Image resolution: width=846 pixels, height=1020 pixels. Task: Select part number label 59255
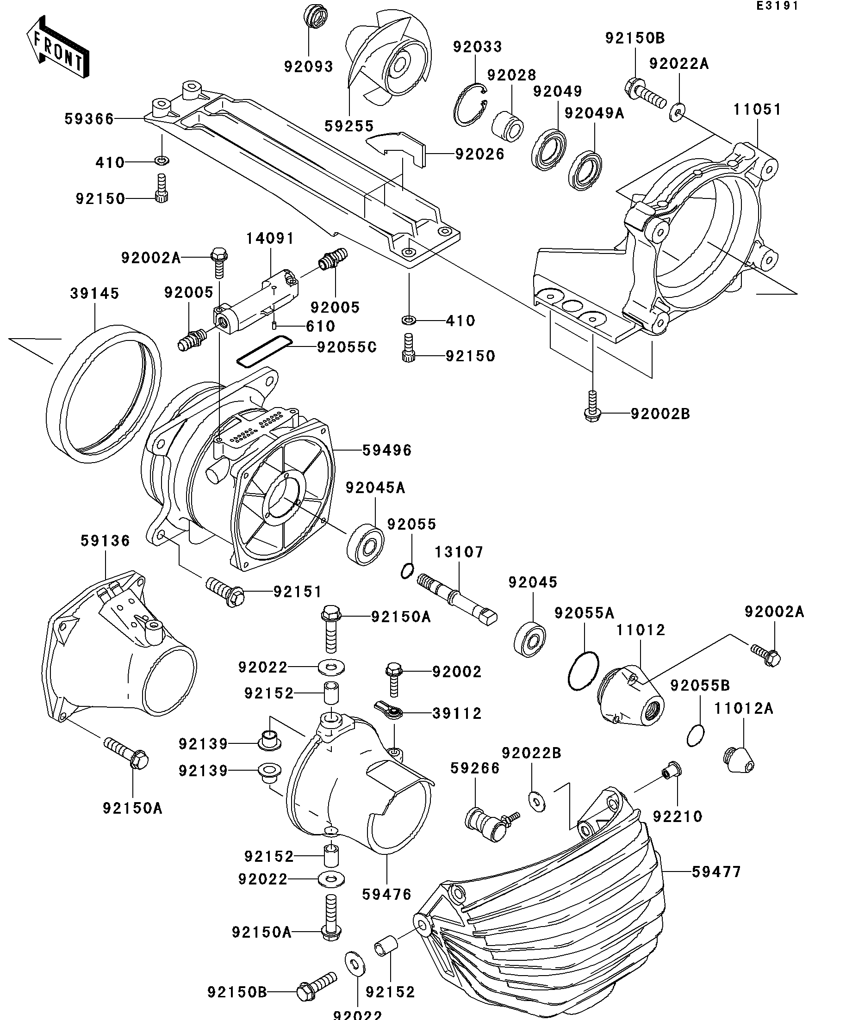pos(349,126)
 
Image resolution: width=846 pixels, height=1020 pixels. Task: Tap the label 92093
pos(309,67)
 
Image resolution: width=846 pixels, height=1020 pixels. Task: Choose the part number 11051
pos(757,109)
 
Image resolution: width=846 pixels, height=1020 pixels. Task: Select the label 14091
pos(270,239)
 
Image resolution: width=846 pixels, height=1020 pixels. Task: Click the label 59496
pos(387,450)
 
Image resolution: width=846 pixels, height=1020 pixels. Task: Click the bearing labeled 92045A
pos(366,544)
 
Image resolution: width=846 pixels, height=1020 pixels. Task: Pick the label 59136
pos(106,541)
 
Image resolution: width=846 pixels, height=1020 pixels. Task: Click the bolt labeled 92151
pos(225,591)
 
